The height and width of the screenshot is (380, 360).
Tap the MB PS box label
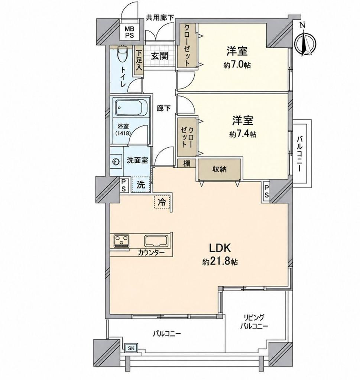[129, 32]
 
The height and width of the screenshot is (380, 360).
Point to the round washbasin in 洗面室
[116, 161]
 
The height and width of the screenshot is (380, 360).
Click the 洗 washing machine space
[141, 185]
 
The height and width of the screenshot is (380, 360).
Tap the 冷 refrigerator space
[162, 202]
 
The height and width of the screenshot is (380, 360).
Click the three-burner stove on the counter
[121, 241]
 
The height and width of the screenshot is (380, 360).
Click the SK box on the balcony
[131, 348]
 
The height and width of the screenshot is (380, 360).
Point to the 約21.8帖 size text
[220, 262]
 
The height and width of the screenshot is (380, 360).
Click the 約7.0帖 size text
[237, 65]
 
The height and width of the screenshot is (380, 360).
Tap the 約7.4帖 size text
[243, 134]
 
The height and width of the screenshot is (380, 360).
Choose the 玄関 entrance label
[160, 56]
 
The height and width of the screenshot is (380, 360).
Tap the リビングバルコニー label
[254, 322]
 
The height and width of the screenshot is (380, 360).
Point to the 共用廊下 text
[160, 17]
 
